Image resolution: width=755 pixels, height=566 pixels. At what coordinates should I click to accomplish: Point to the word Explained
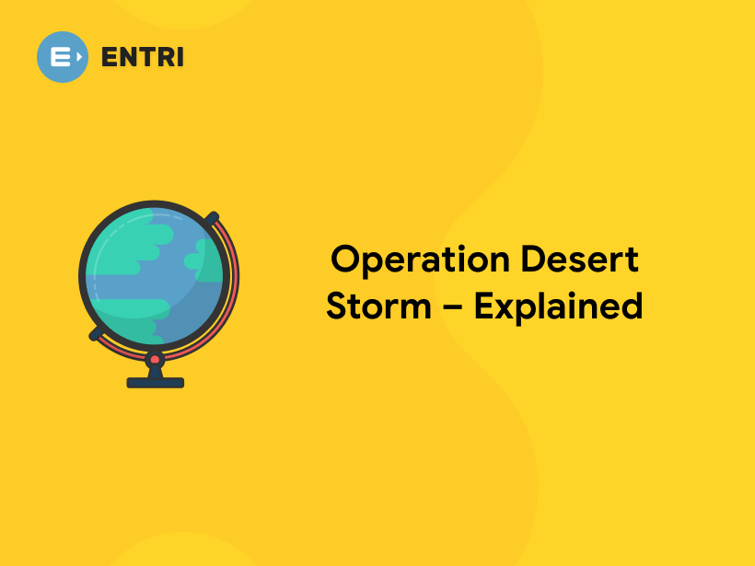559,306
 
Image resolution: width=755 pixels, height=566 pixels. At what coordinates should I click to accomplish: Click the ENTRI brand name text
143,56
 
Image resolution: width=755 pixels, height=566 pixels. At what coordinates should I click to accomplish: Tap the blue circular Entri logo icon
63,56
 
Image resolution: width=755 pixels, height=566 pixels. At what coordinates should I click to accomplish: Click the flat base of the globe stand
155,382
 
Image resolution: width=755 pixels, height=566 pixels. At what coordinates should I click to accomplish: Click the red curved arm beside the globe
232,285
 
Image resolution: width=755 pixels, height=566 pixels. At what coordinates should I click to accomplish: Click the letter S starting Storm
338,306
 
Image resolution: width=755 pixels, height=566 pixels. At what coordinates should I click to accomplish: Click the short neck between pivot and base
155,370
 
